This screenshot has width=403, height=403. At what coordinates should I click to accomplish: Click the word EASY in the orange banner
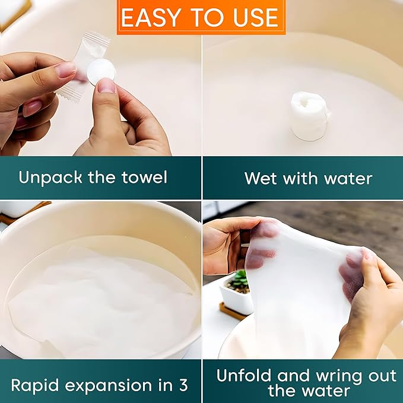150,17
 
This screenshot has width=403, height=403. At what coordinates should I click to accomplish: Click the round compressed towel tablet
101,71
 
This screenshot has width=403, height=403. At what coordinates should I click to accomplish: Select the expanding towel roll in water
310,116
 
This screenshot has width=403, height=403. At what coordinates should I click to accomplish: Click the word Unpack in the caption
50,178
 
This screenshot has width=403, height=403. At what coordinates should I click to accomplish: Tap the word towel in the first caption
144,177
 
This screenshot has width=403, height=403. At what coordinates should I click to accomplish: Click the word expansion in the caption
115,386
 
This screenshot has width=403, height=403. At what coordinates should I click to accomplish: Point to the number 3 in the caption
183,385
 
